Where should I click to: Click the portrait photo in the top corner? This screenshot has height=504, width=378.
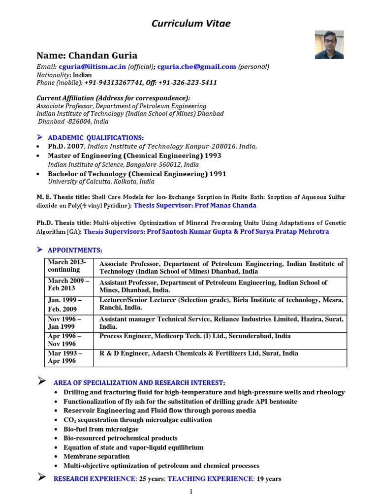pyautogui.click(x=329, y=45)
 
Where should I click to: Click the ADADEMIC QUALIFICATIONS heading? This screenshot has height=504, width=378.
pyautogui.click(x=95, y=137)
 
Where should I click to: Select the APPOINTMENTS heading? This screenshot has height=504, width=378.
pyautogui.click(x=75, y=251)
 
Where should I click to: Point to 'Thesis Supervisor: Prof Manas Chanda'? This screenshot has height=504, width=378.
pyautogui.click(x=195, y=205)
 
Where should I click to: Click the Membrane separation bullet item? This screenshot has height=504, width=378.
pyautogui.click(x=96, y=456)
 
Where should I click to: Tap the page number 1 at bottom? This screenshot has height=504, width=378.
pyautogui.click(x=191, y=492)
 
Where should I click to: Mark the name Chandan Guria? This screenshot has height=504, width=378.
pyautogui.click(x=87, y=55)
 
